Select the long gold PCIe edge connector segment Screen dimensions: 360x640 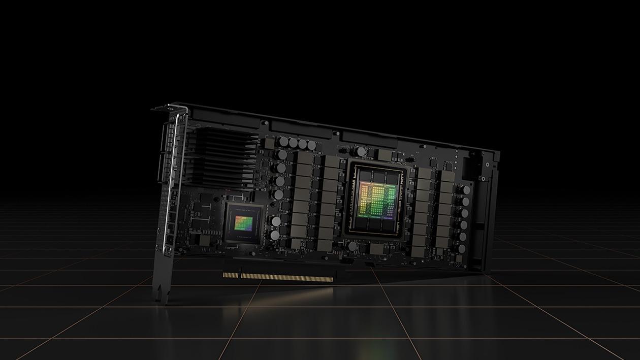click(287, 277)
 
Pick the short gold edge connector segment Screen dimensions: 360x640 click(231, 275)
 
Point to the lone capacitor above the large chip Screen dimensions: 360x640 click(360, 151)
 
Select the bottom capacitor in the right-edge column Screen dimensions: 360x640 click(461, 249)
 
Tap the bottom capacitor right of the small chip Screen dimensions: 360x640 click(275, 236)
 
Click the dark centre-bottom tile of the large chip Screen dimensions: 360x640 click(376, 223)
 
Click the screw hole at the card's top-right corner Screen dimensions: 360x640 click(487, 165)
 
